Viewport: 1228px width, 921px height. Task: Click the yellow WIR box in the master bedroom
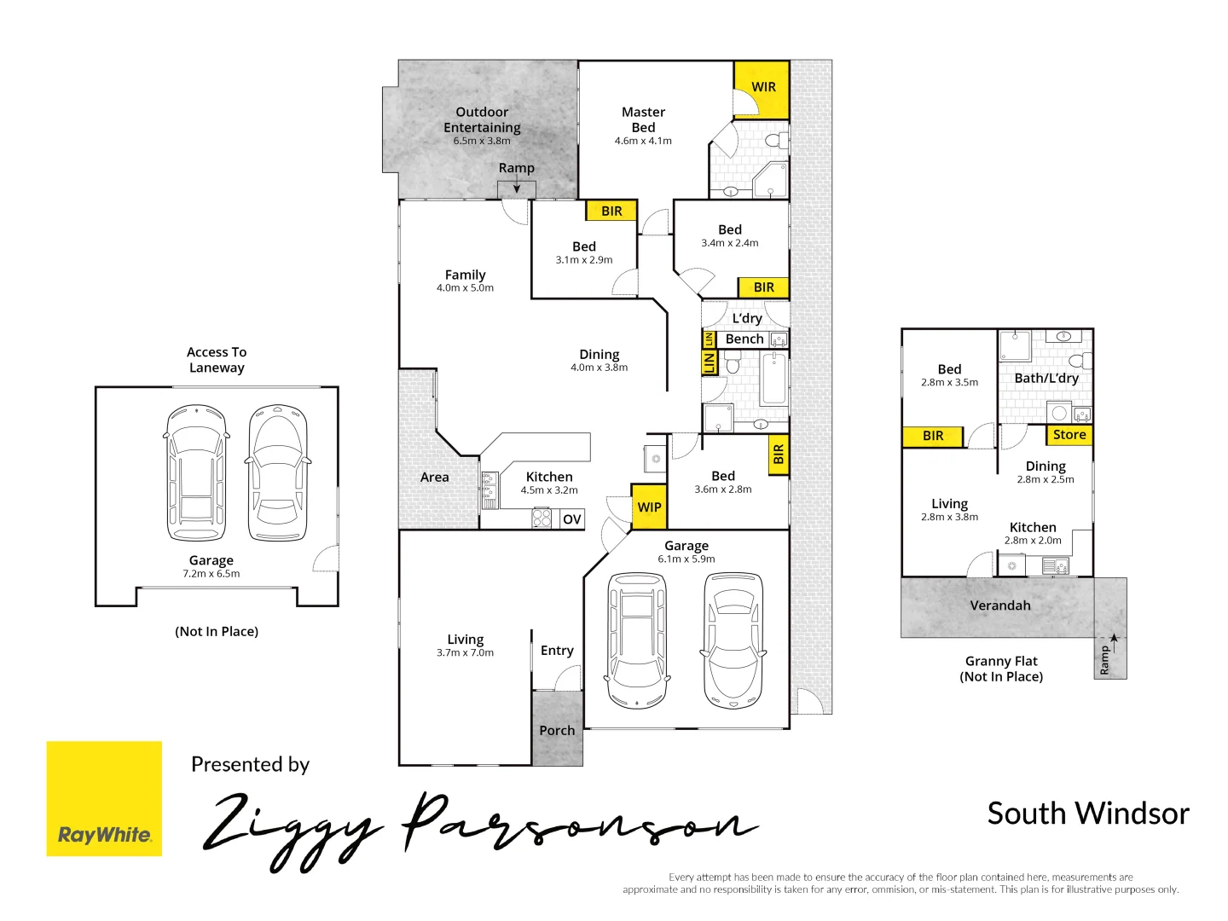762,87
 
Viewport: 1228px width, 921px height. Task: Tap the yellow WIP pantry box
649,507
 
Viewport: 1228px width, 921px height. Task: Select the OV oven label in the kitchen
572,519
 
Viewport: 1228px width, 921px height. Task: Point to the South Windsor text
1087,814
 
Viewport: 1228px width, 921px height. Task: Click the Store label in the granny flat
1069,435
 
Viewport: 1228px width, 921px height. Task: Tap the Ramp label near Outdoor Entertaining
517,168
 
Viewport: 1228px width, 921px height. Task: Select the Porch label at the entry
557,731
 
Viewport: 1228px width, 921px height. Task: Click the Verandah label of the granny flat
1000,605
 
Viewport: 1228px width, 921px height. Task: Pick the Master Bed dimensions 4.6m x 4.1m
643,142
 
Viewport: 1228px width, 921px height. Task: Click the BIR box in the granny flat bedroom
933,436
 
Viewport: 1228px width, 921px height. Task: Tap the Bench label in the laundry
744,339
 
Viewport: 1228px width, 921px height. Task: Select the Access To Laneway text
217,360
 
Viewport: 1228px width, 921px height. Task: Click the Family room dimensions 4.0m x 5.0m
465,288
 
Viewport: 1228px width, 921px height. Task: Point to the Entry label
557,651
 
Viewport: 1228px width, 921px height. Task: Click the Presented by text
250,765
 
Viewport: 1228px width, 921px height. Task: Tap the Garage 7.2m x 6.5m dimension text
211,574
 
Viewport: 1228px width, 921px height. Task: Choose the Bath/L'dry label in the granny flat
1046,378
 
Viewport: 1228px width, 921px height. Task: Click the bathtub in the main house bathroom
773,379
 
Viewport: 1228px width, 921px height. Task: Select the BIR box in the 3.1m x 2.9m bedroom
611,211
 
